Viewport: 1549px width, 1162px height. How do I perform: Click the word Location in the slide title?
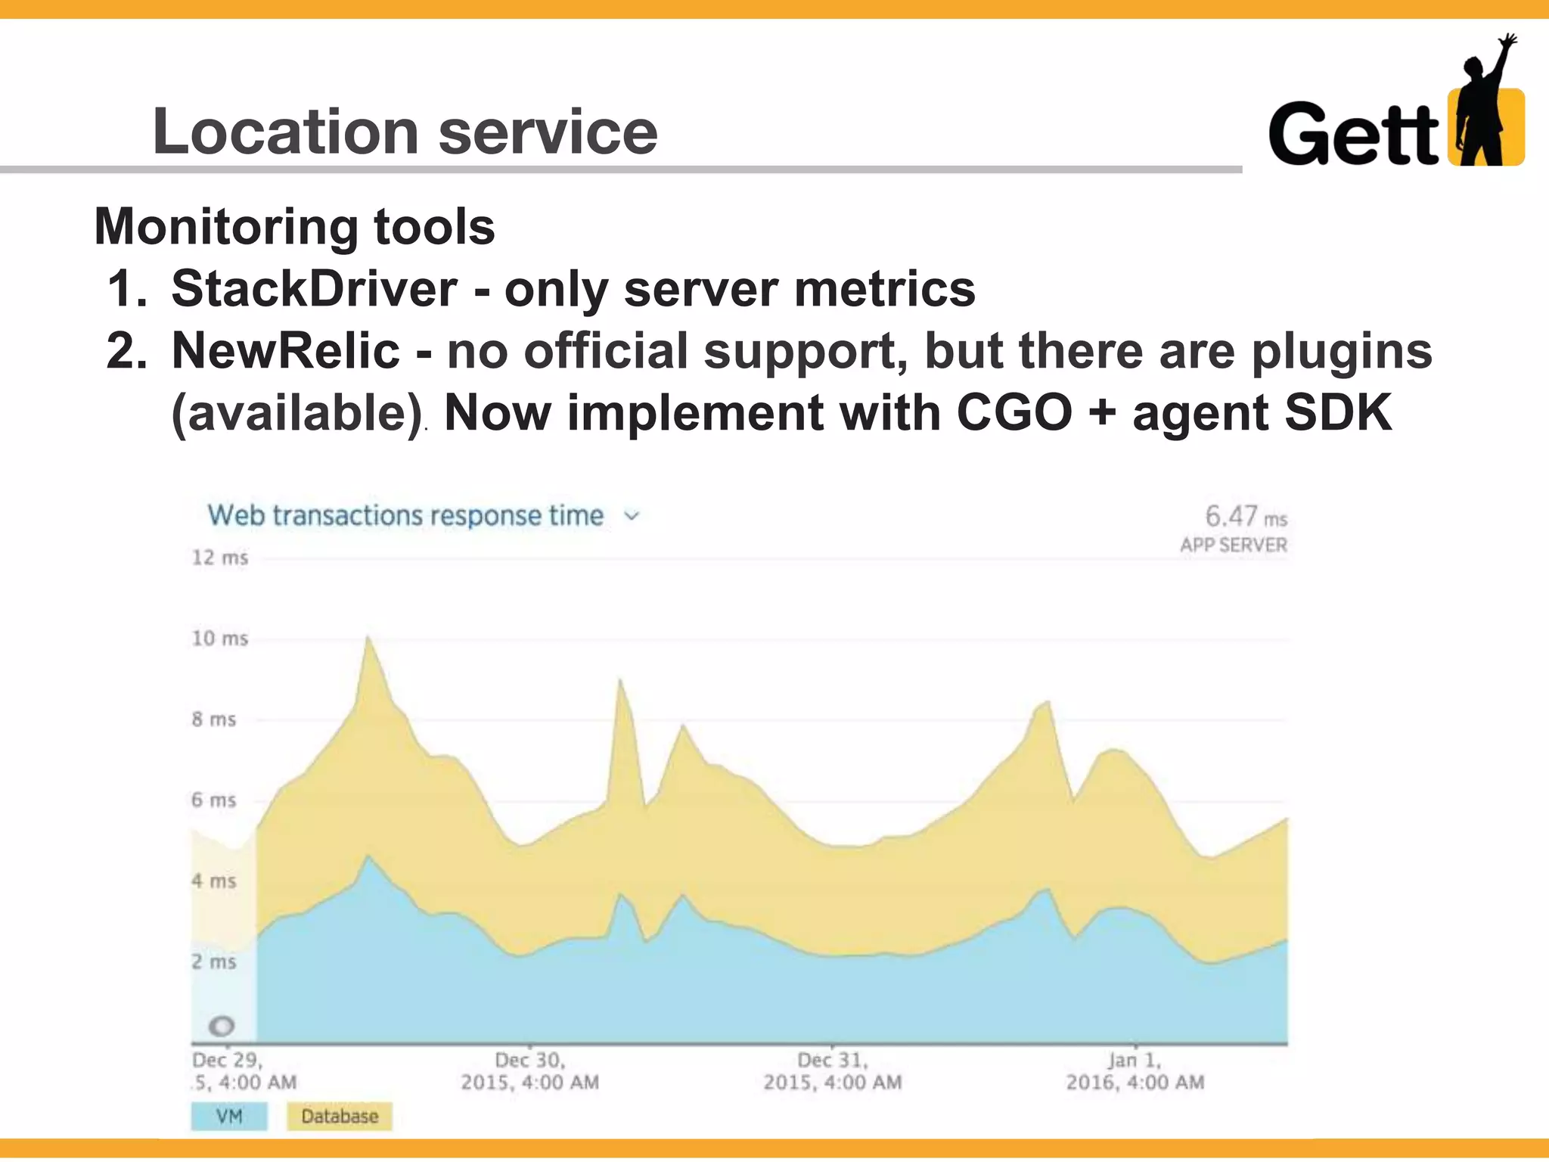[x=285, y=132]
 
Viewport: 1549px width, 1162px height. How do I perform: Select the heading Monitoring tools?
[x=294, y=226]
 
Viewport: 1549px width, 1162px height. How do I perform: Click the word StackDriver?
[x=314, y=289]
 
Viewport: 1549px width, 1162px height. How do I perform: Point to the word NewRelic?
[x=285, y=351]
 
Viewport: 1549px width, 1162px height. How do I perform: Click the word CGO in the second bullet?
[x=1014, y=413]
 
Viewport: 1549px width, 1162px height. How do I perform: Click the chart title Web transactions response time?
[x=405, y=516]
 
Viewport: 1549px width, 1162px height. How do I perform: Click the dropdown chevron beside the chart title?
[x=632, y=516]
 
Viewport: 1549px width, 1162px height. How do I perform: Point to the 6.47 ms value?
[x=1245, y=517]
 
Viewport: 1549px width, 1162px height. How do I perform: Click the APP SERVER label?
[x=1233, y=545]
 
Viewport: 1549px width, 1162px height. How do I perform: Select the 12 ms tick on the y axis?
[x=219, y=558]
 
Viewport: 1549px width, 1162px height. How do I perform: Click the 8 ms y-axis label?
[x=213, y=719]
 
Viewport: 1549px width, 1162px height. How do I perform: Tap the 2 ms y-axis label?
[x=213, y=962]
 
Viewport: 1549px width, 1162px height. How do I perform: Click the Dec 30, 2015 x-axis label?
[x=529, y=1071]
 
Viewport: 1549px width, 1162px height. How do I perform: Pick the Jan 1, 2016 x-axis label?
[x=1135, y=1071]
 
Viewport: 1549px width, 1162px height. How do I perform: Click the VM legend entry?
[x=228, y=1117]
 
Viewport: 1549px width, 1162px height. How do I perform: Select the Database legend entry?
[x=339, y=1117]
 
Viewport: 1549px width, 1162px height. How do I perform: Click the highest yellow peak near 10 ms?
[x=368, y=640]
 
